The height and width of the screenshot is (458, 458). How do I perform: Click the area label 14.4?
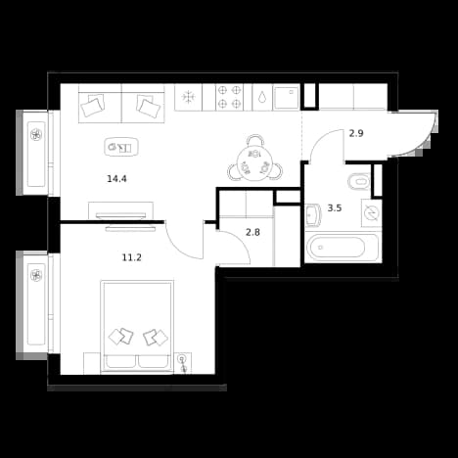116,179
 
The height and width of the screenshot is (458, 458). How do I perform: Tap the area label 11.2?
132,257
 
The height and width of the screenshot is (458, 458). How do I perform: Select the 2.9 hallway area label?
356,133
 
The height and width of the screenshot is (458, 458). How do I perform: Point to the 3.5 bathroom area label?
335,207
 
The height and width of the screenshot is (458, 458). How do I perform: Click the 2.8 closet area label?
252,233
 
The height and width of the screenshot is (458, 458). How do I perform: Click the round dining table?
254,162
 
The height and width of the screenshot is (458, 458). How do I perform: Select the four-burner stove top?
230,97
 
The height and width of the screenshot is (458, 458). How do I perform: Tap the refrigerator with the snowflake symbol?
188,97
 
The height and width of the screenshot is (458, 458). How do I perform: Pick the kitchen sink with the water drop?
262,97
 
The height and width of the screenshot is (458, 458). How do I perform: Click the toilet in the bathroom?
359,181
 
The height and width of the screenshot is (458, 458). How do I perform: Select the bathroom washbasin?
313,214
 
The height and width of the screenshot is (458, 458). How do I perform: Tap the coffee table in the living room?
121,147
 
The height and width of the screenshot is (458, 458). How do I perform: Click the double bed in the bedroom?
137,326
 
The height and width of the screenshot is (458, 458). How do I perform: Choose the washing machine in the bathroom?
371,213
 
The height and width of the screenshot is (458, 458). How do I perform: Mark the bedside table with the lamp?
183,363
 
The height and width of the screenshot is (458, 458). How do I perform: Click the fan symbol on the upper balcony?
35,134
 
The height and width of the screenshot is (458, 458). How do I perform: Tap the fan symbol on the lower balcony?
35,275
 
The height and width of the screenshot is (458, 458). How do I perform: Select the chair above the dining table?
254,141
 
